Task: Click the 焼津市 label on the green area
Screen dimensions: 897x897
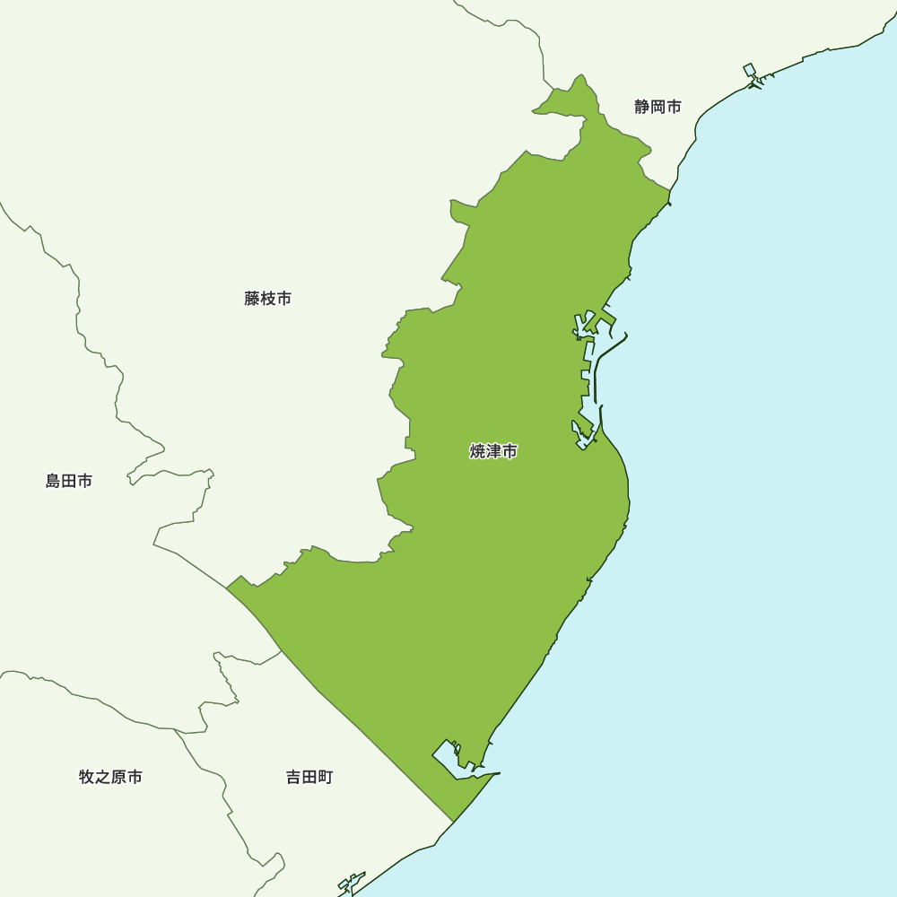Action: [x=493, y=451]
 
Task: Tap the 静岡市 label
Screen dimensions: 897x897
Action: [x=658, y=108]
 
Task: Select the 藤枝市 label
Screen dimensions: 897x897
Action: [x=267, y=299]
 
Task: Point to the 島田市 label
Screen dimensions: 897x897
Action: [x=69, y=481]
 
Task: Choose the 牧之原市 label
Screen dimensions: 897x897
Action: [x=110, y=777]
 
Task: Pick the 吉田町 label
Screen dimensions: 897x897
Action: [x=309, y=777]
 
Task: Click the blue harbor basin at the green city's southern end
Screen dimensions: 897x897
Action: [x=448, y=759]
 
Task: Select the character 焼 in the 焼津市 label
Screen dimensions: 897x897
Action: [x=477, y=451]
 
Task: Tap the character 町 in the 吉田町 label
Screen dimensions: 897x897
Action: [x=326, y=777]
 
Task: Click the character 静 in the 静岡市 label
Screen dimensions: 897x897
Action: [x=641, y=108]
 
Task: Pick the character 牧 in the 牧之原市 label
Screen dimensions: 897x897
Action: [x=86, y=777]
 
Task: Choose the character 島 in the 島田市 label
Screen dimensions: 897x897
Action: [x=53, y=481]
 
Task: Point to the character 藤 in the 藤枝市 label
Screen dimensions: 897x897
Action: [x=251, y=299]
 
